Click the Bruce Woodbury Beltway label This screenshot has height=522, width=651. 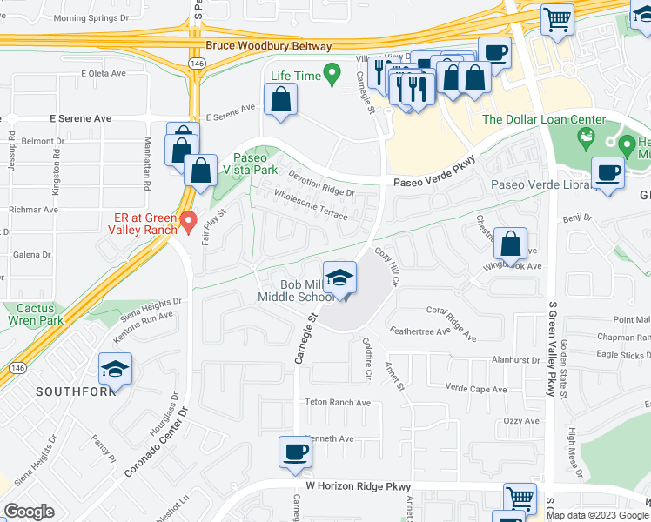click(269, 46)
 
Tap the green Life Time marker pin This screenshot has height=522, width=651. click(331, 75)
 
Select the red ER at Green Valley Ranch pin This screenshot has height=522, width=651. click(187, 224)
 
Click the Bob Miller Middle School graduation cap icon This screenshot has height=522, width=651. click(339, 278)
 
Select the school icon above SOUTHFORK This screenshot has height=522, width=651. click(115, 370)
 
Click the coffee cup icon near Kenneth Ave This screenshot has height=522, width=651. click(295, 452)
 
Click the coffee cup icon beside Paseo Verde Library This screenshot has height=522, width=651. click(607, 172)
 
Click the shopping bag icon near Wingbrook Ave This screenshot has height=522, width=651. click(510, 241)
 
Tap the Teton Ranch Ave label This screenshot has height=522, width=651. click(338, 403)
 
